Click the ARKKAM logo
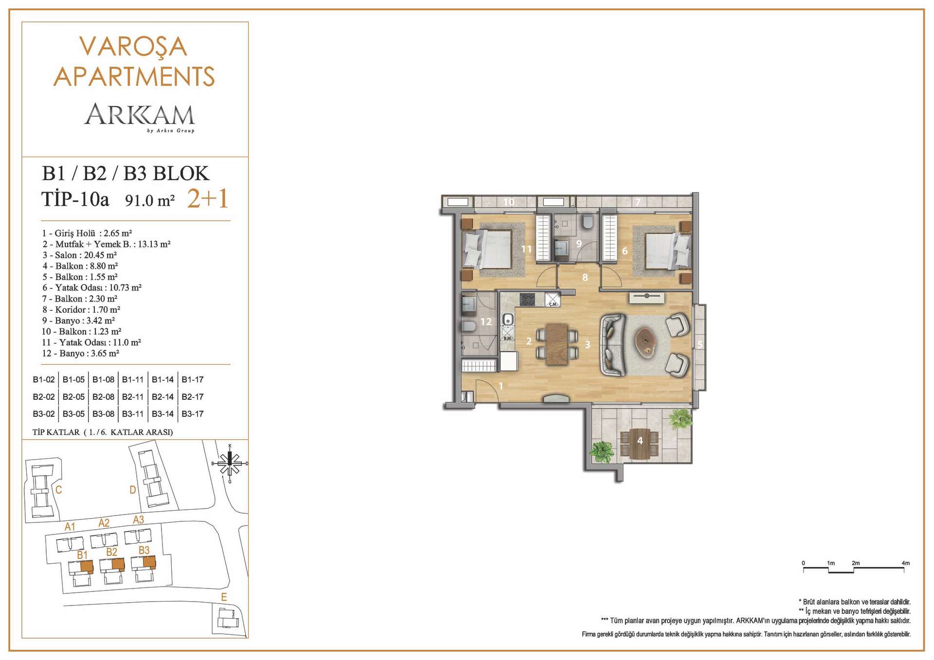coord(140,117)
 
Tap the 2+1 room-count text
coord(208,198)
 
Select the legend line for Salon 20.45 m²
coord(79,255)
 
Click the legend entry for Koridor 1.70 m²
coord(81,309)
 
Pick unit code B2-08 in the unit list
coord(103,397)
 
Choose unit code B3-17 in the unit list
coord(193,414)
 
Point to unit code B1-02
coord(44,379)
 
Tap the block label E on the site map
coord(224,597)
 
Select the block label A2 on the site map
coord(104,523)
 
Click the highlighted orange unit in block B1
coord(87,566)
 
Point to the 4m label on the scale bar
coord(905,563)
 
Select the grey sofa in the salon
coord(612,345)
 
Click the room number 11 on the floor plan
coord(526,249)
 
